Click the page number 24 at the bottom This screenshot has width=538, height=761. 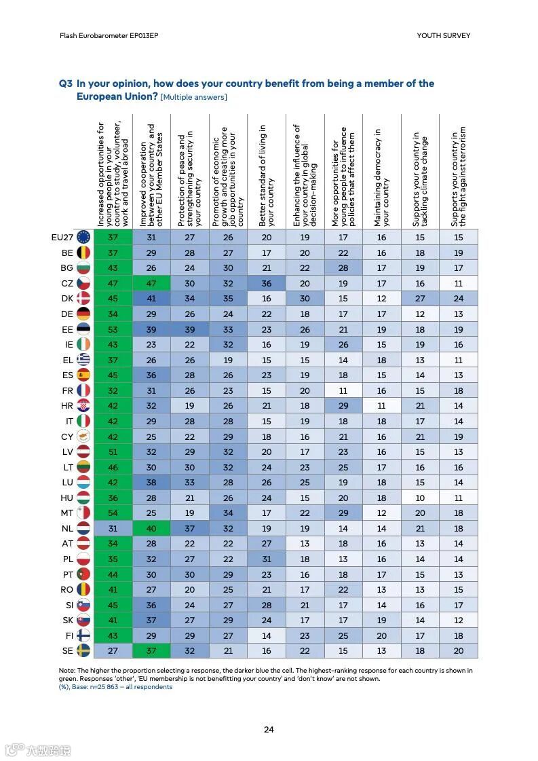(269, 730)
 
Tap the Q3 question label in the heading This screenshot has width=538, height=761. (65, 83)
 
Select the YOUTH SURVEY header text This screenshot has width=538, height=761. (443, 35)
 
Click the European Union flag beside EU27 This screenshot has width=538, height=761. (83, 237)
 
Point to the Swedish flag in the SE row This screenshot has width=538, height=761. (83, 650)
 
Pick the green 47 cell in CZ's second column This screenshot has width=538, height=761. (151, 283)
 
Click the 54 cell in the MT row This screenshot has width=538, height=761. (113, 513)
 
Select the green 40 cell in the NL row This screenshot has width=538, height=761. (151, 528)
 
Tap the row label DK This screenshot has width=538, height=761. (66, 298)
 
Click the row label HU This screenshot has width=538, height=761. (66, 498)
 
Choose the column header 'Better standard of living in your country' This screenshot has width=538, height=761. (267, 175)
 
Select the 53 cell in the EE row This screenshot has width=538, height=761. (113, 329)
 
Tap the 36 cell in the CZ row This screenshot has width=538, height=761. (267, 283)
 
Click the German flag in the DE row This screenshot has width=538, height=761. (83, 314)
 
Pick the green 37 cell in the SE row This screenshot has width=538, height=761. (151, 650)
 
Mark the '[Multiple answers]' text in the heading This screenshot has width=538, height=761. (193, 97)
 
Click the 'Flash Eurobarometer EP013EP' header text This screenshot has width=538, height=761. (109, 35)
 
